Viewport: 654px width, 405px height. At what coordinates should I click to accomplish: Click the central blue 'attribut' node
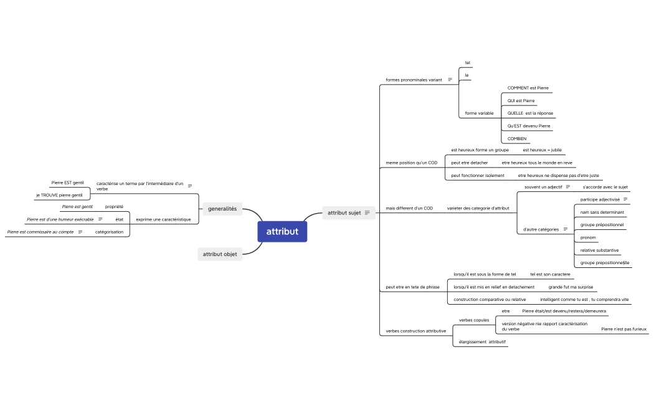pyautogui.click(x=282, y=232)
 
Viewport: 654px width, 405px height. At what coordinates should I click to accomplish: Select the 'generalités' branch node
pyautogui.click(x=222, y=209)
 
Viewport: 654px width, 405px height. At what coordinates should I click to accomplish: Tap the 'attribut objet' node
pyautogui.click(x=219, y=254)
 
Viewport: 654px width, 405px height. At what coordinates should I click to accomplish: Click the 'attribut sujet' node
pyautogui.click(x=344, y=212)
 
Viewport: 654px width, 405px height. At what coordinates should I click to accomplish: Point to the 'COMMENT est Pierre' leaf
pyautogui.click(x=528, y=88)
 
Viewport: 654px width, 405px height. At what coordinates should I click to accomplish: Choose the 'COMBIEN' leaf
pyautogui.click(x=517, y=138)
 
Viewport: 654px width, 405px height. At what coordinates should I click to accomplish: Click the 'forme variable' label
pyautogui.click(x=479, y=113)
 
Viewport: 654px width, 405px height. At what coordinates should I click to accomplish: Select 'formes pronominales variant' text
pyautogui.click(x=414, y=80)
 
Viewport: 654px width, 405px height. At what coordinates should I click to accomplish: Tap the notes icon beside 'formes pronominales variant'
pyautogui.click(x=450, y=80)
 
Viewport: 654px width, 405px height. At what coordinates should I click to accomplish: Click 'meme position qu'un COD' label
pyautogui.click(x=411, y=163)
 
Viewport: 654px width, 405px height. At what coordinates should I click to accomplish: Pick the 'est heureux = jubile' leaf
pyautogui.click(x=542, y=150)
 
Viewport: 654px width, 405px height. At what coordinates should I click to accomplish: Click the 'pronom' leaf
pyautogui.click(x=588, y=237)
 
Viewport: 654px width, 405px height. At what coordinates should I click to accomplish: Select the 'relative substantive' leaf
pyautogui.click(x=599, y=250)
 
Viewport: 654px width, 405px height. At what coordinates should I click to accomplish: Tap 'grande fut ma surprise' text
pyautogui.click(x=570, y=287)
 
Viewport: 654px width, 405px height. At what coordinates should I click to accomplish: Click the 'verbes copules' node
pyautogui.click(x=473, y=320)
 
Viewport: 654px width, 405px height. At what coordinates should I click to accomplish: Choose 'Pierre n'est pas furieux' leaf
pyautogui.click(x=623, y=328)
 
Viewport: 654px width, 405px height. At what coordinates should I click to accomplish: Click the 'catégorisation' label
pyautogui.click(x=109, y=232)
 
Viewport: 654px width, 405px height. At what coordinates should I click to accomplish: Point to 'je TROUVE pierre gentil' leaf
pyautogui.click(x=59, y=195)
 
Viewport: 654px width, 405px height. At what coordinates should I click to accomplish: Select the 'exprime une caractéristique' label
pyautogui.click(x=163, y=219)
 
